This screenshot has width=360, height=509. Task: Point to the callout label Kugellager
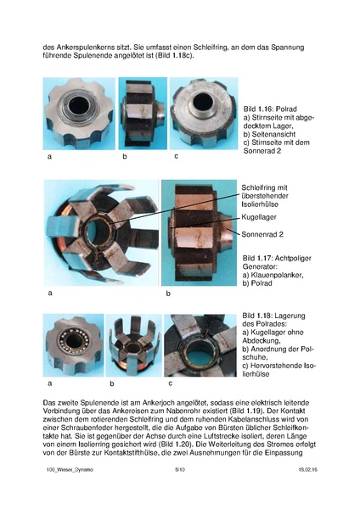point(258,216)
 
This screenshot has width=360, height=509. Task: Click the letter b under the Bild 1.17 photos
point(167,294)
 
